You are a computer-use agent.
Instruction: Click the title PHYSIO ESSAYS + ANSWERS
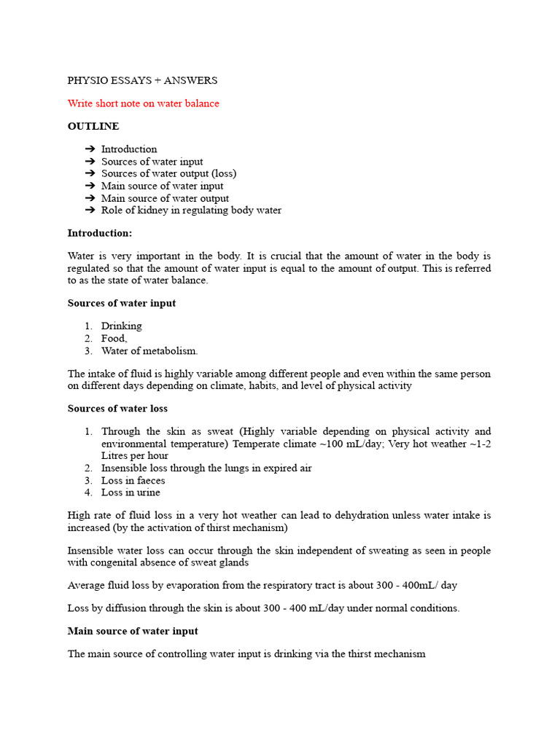[142, 81]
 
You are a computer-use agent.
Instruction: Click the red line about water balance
[143, 103]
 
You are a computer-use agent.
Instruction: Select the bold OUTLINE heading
[93, 126]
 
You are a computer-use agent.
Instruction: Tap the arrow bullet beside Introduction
[90, 149]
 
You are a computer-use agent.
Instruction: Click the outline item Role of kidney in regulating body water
[191, 211]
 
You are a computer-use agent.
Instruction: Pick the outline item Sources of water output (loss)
[168, 173]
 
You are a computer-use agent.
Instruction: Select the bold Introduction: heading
[100, 233]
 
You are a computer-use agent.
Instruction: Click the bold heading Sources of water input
[121, 303]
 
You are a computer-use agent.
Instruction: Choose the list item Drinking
[122, 326]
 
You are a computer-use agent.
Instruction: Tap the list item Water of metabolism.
[149, 350]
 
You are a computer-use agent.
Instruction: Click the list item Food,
[114, 338]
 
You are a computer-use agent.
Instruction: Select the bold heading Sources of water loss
[117, 408]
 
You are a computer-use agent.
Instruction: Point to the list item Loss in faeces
[133, 480]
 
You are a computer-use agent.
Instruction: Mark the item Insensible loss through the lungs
[206, 468]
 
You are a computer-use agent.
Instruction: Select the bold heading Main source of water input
[133, 631]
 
